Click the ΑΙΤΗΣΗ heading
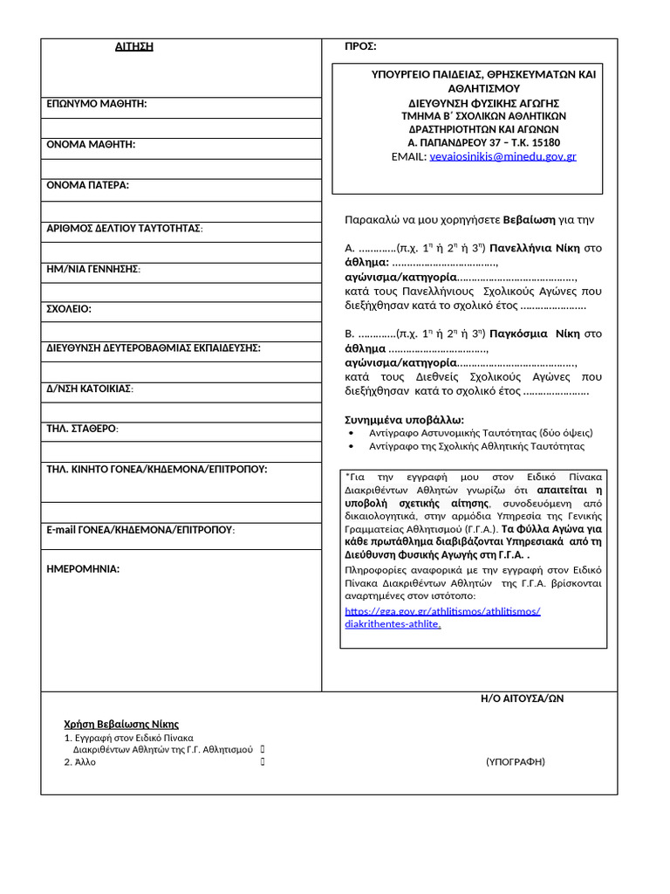134,46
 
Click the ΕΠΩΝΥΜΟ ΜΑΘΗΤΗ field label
97,104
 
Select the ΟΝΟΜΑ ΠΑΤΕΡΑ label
87,185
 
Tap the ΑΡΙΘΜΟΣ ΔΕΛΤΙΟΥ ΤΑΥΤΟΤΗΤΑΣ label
125,228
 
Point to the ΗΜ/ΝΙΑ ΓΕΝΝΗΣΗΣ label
93,269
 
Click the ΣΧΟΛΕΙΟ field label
69,309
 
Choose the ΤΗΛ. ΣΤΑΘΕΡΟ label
83,429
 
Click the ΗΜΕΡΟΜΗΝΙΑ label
83,569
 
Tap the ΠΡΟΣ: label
360,46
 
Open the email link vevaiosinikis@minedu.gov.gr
502,156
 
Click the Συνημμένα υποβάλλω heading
405,419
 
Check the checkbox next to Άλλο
263,762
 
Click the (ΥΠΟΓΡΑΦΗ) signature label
515,761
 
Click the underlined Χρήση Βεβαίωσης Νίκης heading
121,724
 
